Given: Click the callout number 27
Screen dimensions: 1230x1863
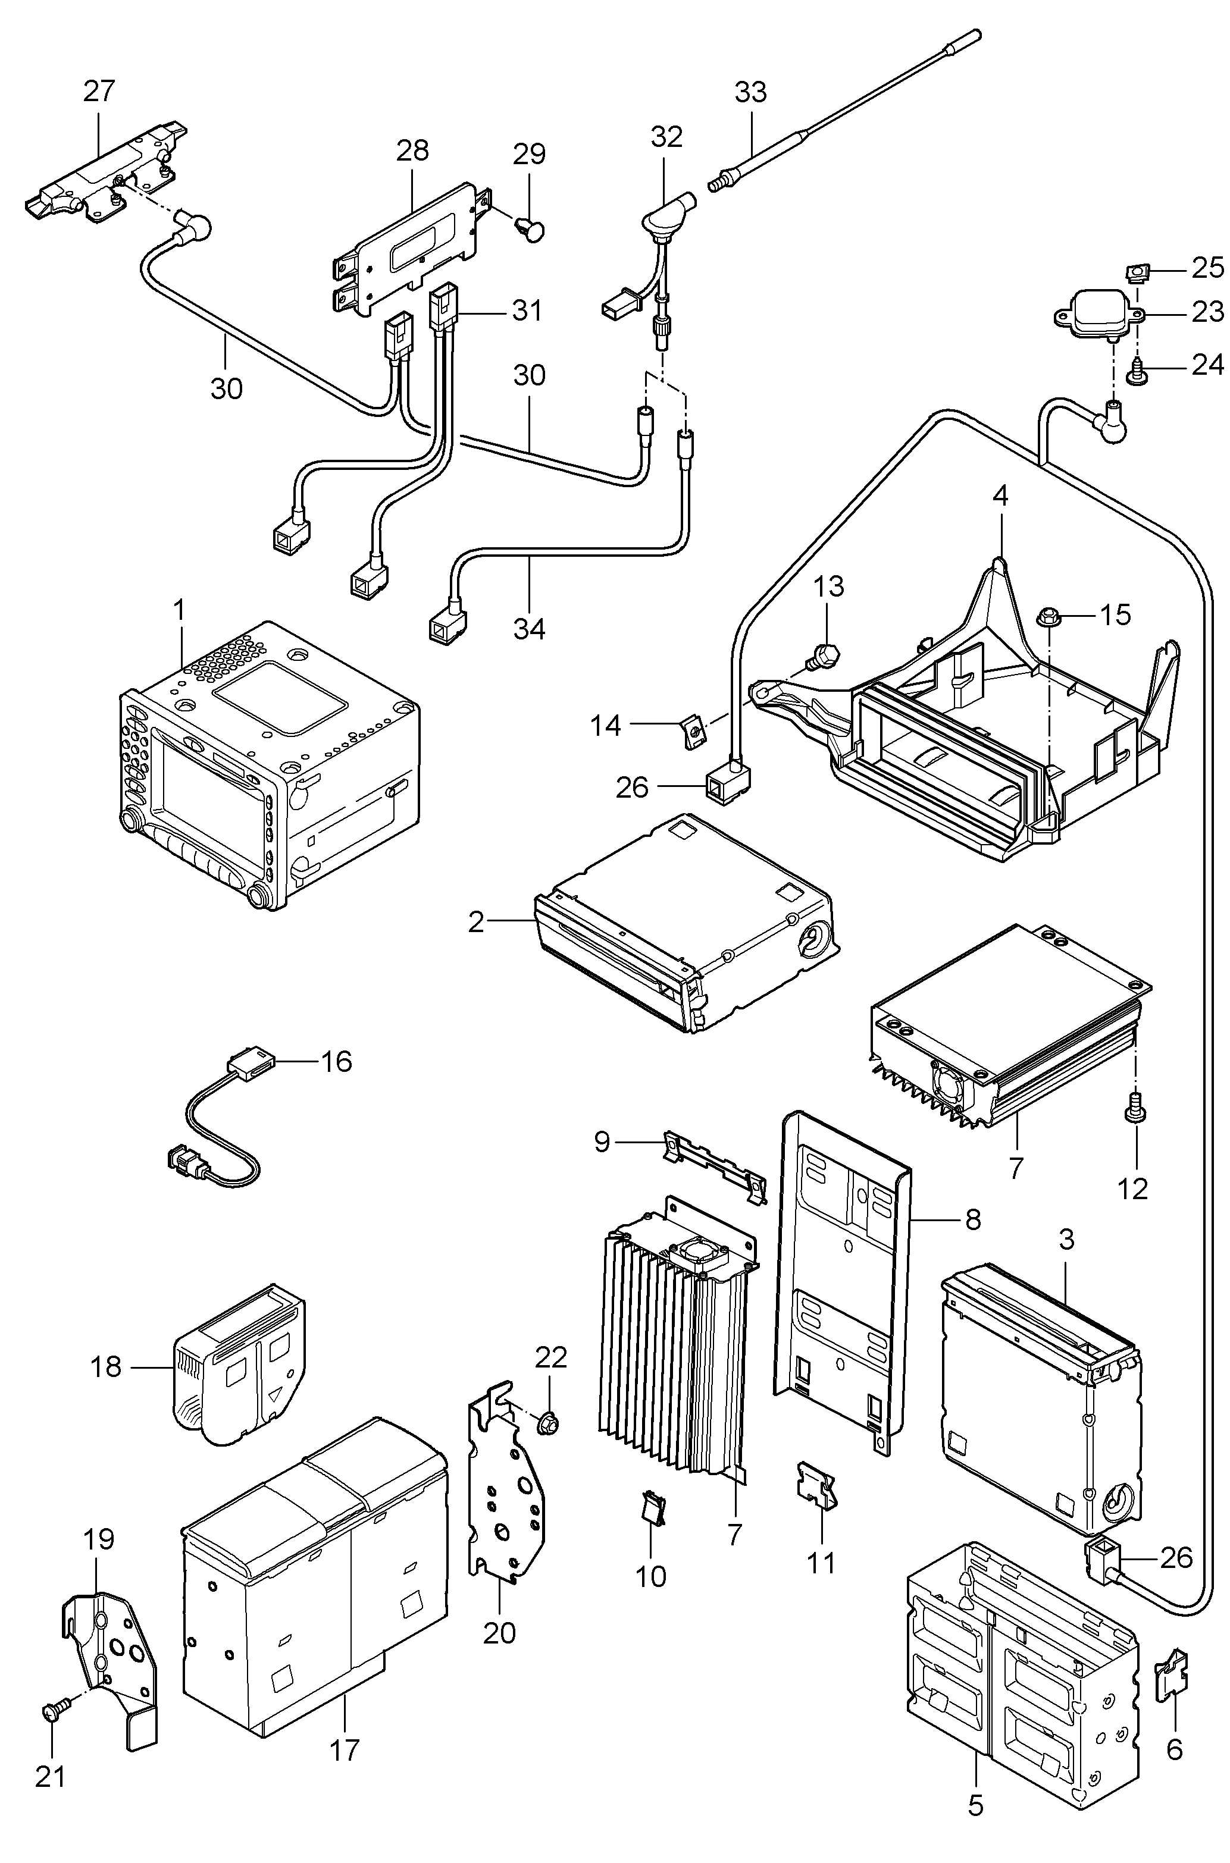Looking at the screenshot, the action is [99, 92].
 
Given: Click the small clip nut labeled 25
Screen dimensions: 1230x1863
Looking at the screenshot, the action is [1135, 273].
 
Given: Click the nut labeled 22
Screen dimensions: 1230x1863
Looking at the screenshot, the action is [547, 1422].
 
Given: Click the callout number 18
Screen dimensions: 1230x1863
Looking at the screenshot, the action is [107, 1367].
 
